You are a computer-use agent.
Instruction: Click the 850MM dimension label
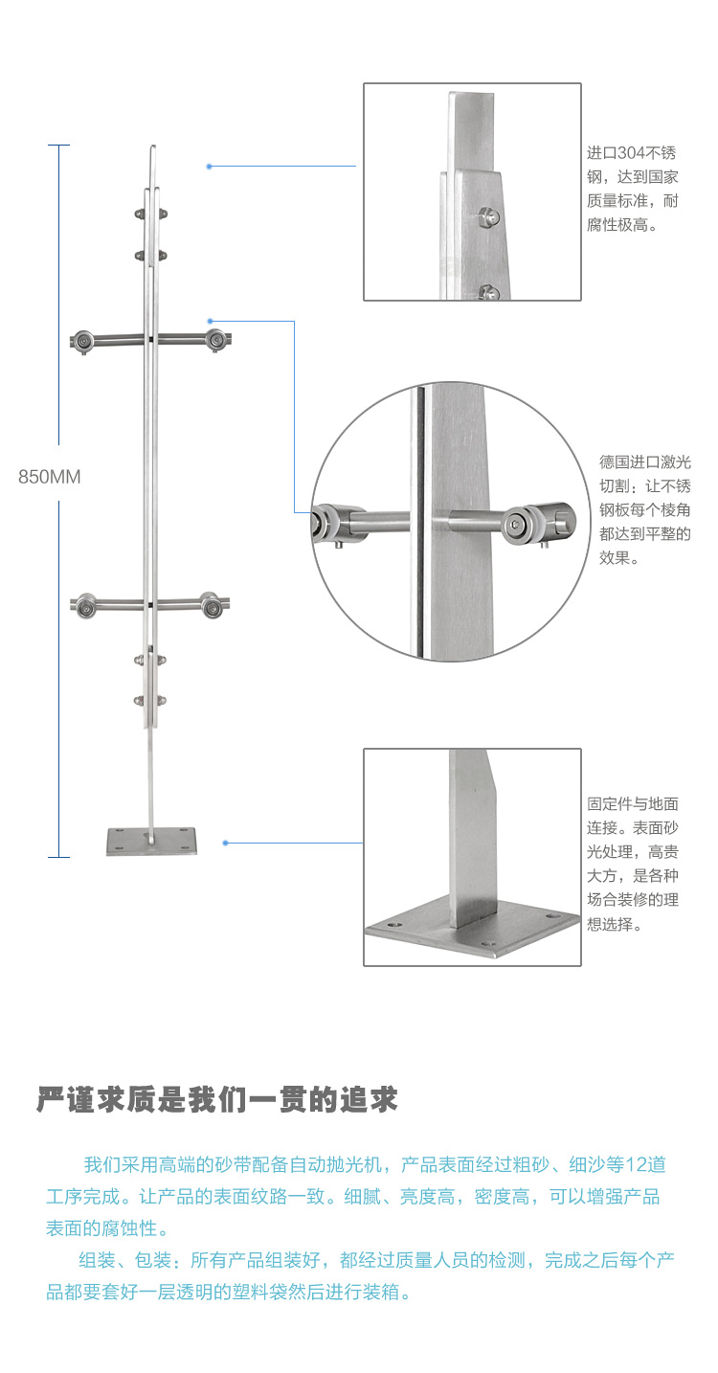tap(50, 477)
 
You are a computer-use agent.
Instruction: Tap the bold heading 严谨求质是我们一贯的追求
tap(216, 1099)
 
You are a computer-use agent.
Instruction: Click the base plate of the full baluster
tap(151, 843)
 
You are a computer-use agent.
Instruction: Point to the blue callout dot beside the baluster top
tap(209, 167)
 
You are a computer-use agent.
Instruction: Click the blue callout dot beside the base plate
tap(225, 843)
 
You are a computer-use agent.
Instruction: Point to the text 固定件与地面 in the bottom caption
tap(633, 804)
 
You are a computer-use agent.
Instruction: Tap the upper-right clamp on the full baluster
tap(217, 339)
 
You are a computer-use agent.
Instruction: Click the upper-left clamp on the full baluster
tap(84, 340)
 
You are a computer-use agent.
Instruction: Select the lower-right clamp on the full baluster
tap(212, 604)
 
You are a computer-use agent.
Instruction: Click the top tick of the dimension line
tap(59, 145)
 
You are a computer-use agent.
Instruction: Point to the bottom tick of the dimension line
tap(59, 856)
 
